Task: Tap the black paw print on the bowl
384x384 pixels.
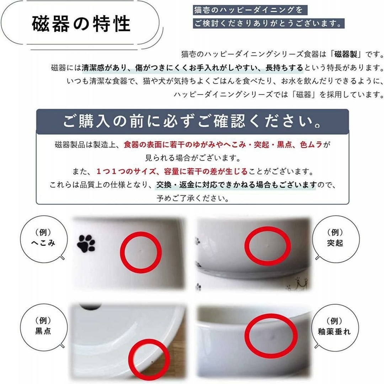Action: [86, 244]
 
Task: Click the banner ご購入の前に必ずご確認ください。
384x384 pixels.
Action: [192, 122]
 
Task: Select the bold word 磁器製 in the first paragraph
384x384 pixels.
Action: [346, 54]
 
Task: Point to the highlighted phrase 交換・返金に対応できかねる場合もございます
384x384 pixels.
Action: [236, 185]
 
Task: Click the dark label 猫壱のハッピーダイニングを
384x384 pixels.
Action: [250, 10]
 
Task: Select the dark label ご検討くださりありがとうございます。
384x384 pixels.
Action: [269, 23]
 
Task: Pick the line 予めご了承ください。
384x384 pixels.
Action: [193, 198]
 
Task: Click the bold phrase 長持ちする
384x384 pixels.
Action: [284, 68]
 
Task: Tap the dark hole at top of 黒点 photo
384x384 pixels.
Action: [91, 306]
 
